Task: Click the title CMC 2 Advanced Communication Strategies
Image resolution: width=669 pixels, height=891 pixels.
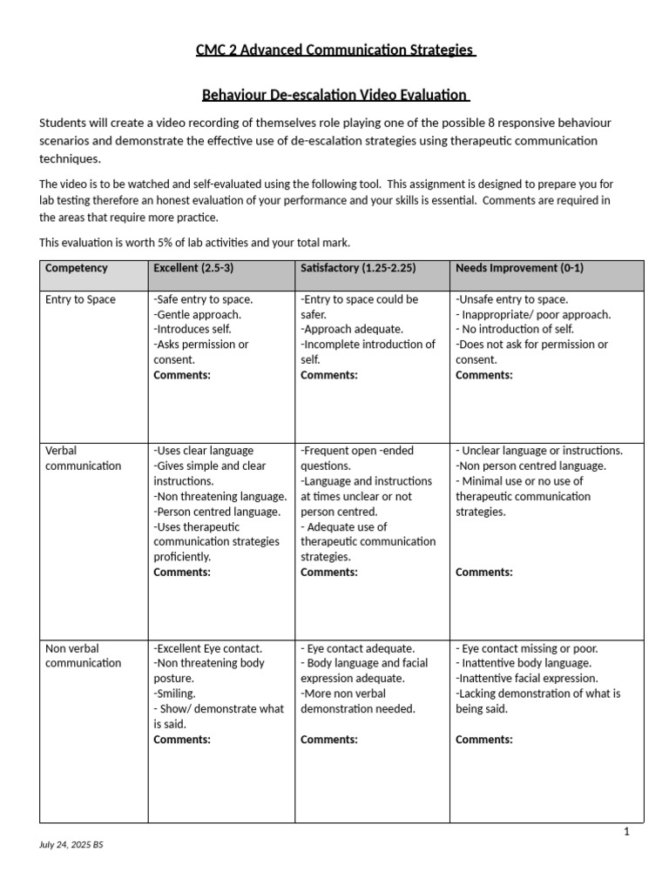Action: [335, 50]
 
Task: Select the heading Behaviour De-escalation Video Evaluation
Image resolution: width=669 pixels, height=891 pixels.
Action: [335, 94]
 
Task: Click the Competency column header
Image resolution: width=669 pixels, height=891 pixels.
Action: [77, 268]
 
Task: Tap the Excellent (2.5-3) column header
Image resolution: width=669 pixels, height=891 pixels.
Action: [193, 268]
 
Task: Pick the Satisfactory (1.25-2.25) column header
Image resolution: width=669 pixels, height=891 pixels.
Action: [358, 268]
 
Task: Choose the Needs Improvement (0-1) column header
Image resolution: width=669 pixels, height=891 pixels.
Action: [519, 268]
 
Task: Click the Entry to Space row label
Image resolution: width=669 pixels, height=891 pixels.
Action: [80, 299]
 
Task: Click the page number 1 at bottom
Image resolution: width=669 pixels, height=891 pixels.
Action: [625, 832]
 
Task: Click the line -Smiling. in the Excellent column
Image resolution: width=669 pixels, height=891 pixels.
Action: [175, 693]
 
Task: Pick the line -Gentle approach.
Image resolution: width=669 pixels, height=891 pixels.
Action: [198, 314]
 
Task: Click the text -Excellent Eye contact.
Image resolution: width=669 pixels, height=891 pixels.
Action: [207, 648]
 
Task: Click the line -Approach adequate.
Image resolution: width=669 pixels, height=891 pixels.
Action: [352, 330]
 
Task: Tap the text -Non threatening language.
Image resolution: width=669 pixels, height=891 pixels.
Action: [220, 496]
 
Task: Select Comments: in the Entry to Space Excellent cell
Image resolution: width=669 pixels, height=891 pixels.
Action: [182, 375]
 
